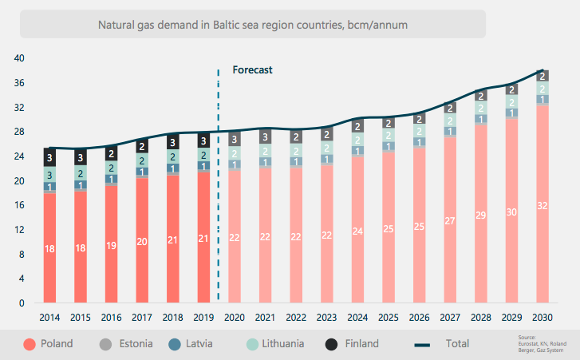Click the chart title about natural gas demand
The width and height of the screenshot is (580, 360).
252,25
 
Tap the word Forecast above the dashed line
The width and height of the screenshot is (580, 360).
252,69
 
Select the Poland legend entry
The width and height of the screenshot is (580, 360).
49,344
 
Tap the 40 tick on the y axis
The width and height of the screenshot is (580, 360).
20,58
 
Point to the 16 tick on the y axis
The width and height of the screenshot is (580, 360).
20,205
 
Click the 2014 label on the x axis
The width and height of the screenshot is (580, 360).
49,317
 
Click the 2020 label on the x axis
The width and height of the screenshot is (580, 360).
235,317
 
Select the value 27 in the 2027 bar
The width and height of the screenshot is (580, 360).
451,221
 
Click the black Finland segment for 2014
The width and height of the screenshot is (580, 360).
49,157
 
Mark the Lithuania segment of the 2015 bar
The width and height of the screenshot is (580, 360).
81,172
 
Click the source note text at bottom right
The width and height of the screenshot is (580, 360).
550,344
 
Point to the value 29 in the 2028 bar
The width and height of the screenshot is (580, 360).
481,216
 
